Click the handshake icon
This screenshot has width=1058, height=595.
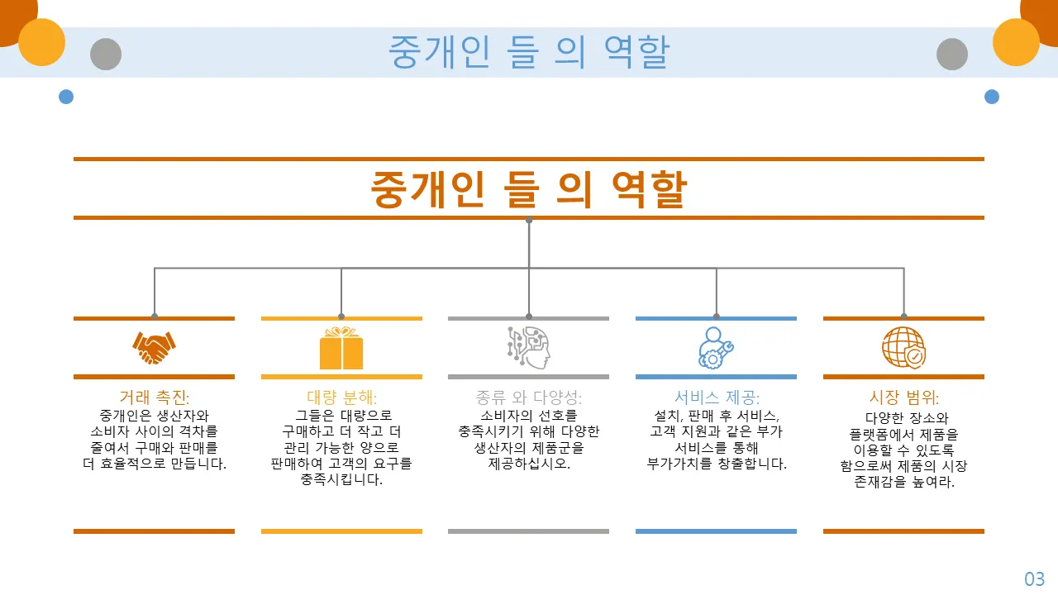point(154,348)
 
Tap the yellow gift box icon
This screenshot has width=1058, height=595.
point(341,348)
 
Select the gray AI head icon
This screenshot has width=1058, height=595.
point(528,348)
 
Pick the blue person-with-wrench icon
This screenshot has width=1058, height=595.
point(716,348)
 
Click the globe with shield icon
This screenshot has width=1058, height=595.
point(903,348)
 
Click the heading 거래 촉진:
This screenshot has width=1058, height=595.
point(154,397)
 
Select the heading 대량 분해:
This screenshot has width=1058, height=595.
point(341,397)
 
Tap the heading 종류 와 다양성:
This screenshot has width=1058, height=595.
point(528,397)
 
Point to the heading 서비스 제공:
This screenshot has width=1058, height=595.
point(717,397)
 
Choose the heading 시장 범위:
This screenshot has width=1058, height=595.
point(904,397)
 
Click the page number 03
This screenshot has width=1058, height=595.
point(1034,579)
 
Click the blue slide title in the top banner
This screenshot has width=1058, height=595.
point(528,51)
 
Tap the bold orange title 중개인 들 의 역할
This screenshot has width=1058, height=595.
point(528,189)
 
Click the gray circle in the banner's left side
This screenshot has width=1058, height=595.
point(106,54)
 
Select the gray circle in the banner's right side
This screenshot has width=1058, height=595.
point(952,54)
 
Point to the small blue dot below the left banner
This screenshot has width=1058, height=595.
point(66,97)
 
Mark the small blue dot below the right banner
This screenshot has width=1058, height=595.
point(992,97)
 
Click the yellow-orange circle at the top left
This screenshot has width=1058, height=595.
point(41,42)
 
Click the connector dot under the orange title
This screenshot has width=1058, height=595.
point(529,220)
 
